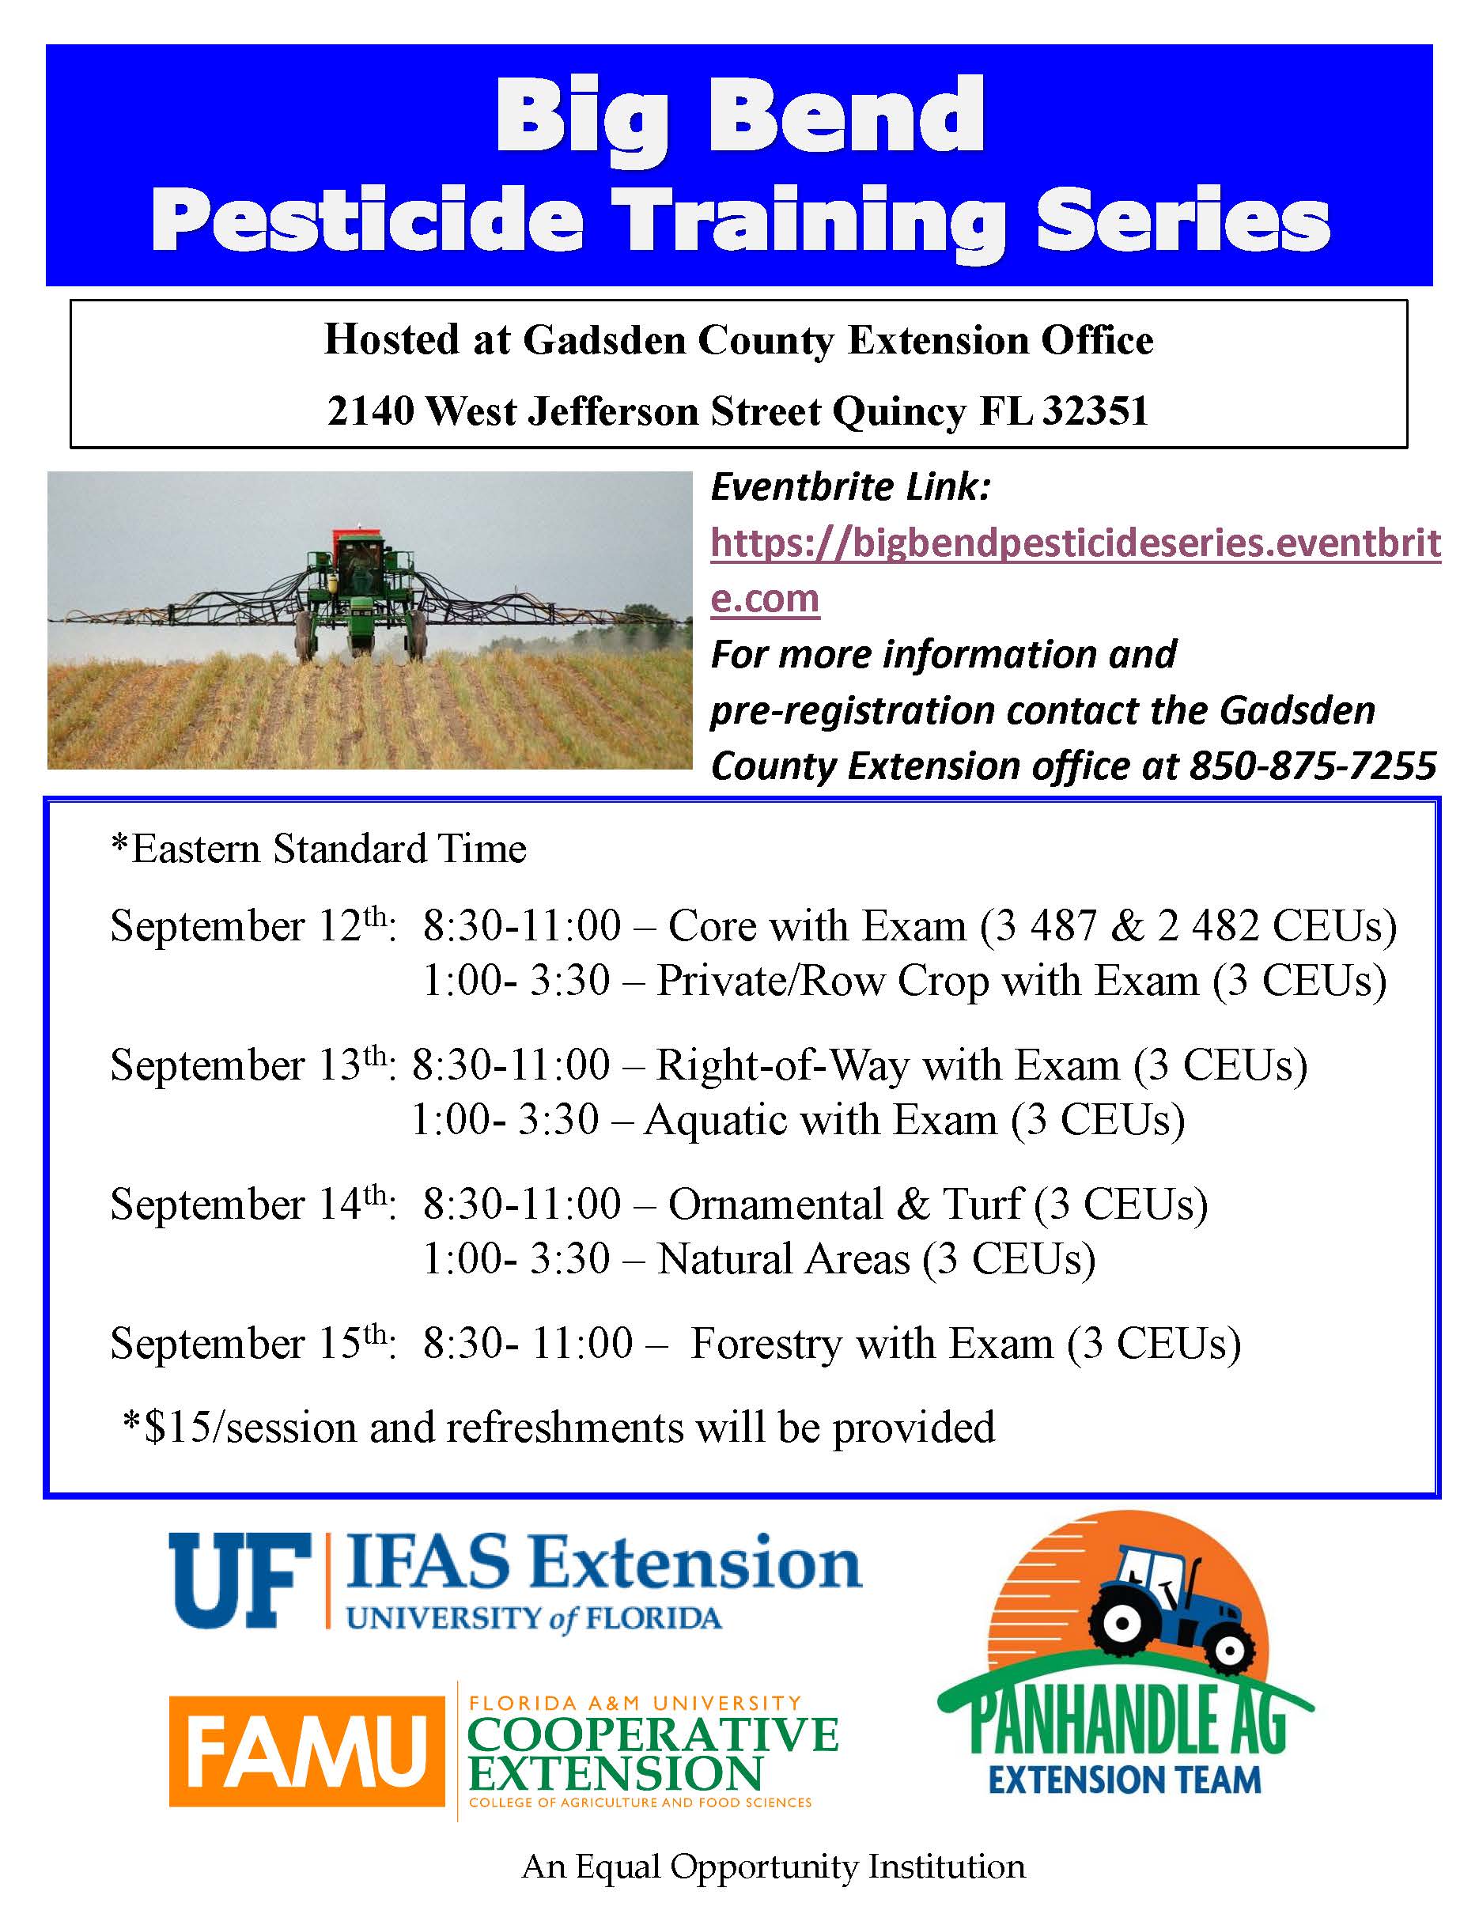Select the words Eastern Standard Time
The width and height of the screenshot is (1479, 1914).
[x=328, y=849]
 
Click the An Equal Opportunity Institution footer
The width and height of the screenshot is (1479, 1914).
[x=773, y=1866]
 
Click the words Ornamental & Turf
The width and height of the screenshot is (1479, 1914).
[x=845, y=1204]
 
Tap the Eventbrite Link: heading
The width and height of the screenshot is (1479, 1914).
[x=850, y=487]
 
